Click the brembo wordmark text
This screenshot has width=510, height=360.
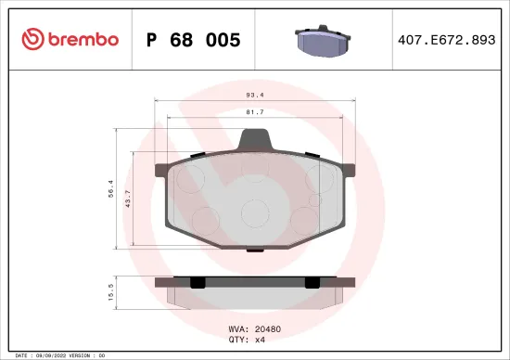coord(76,39)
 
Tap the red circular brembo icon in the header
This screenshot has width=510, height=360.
coord(32,39)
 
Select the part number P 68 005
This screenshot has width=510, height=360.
coord(194,40)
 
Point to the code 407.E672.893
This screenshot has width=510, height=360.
coord(447,40)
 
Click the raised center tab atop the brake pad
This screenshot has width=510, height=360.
coord(255,140)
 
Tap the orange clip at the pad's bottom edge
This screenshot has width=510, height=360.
coord(254,248)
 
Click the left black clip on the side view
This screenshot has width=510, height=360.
coord(197,281)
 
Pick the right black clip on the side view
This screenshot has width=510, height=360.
coord(312,281)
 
